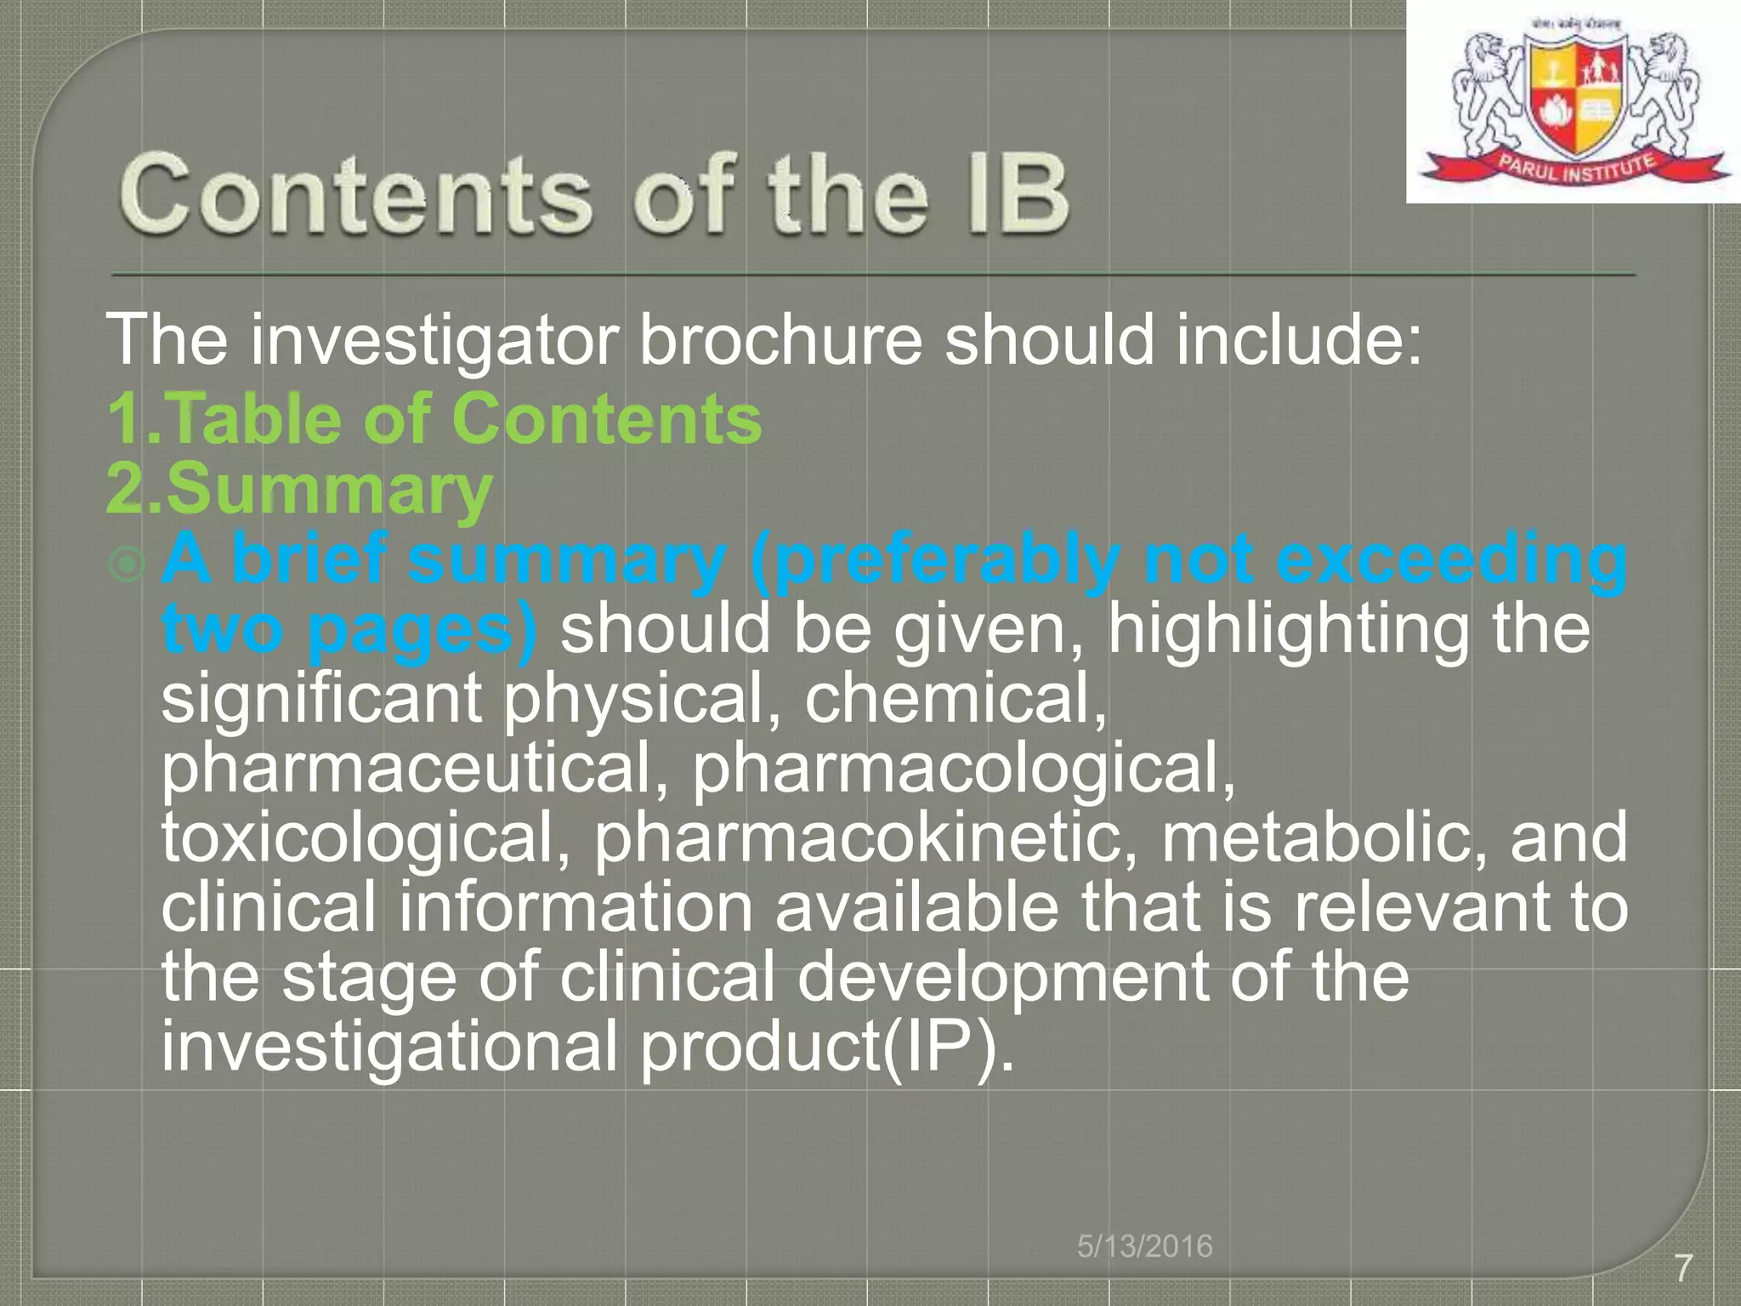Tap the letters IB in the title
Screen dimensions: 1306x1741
pyautogui.click(x=1016, y=195)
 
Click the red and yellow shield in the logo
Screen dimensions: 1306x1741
pyautogui.click(x=1574, y=98)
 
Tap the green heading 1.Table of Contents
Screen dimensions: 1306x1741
pyautogui.click(x=434, y=418)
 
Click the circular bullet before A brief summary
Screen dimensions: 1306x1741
pyautogui.click(x=128, y=564)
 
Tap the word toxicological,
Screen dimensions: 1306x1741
pyautogui.click(x=366, y=838)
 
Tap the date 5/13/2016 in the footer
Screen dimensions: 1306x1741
pyautogui.click(x=1144, y=1246)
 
